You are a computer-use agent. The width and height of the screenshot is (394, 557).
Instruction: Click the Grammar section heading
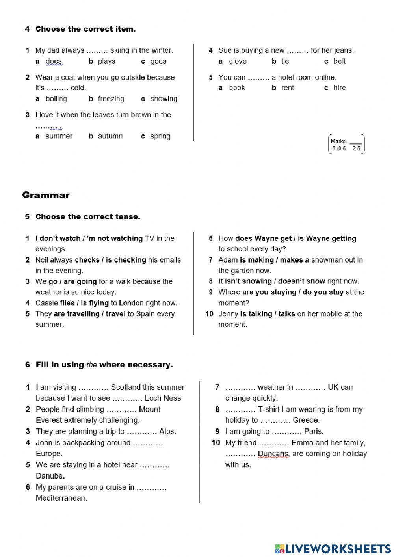coord(46,195)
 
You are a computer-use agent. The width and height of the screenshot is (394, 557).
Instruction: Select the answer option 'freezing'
coord(111,99)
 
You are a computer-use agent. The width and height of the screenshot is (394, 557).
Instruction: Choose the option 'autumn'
coord(110,136)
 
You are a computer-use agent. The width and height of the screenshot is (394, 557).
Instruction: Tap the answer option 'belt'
coord(339,61)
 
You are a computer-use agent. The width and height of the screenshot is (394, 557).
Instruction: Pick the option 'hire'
coord(339,88)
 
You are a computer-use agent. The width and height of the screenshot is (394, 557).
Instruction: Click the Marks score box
coord(346,144)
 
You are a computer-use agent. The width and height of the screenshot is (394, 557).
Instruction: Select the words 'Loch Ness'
coord(164,398)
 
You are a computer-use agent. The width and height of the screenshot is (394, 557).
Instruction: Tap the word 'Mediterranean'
coord(61,498)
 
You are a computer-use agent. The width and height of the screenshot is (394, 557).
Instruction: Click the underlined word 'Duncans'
coord(273,454)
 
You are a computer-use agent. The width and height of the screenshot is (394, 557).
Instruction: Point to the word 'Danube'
coord(50,476)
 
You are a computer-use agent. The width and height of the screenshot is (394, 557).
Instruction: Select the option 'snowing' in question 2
coord(164,99)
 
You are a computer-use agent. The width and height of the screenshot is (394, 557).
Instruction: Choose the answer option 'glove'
coord(238,61)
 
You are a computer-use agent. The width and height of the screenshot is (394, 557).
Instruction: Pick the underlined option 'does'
coord(54,61)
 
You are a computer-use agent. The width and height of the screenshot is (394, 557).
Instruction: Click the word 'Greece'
coord(306,420)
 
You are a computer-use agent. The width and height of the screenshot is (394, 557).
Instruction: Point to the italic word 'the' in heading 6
coord(91,365)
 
